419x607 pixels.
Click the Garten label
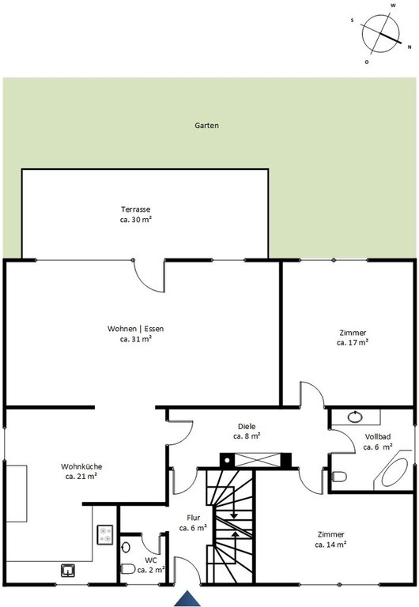206,126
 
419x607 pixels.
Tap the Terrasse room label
135,209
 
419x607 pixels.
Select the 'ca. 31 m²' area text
135,339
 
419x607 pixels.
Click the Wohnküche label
81,466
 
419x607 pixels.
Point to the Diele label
247,426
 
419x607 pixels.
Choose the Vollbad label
378,436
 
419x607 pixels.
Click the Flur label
193,518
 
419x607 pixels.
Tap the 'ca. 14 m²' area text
330,545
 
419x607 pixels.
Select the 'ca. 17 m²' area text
353,342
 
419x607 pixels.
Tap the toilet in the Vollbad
339,477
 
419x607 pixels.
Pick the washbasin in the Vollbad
355,417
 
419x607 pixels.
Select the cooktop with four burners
105,534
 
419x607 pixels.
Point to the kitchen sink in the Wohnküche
68,570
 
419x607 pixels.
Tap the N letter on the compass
410,47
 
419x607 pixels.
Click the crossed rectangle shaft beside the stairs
259,460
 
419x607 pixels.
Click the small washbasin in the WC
126,548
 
